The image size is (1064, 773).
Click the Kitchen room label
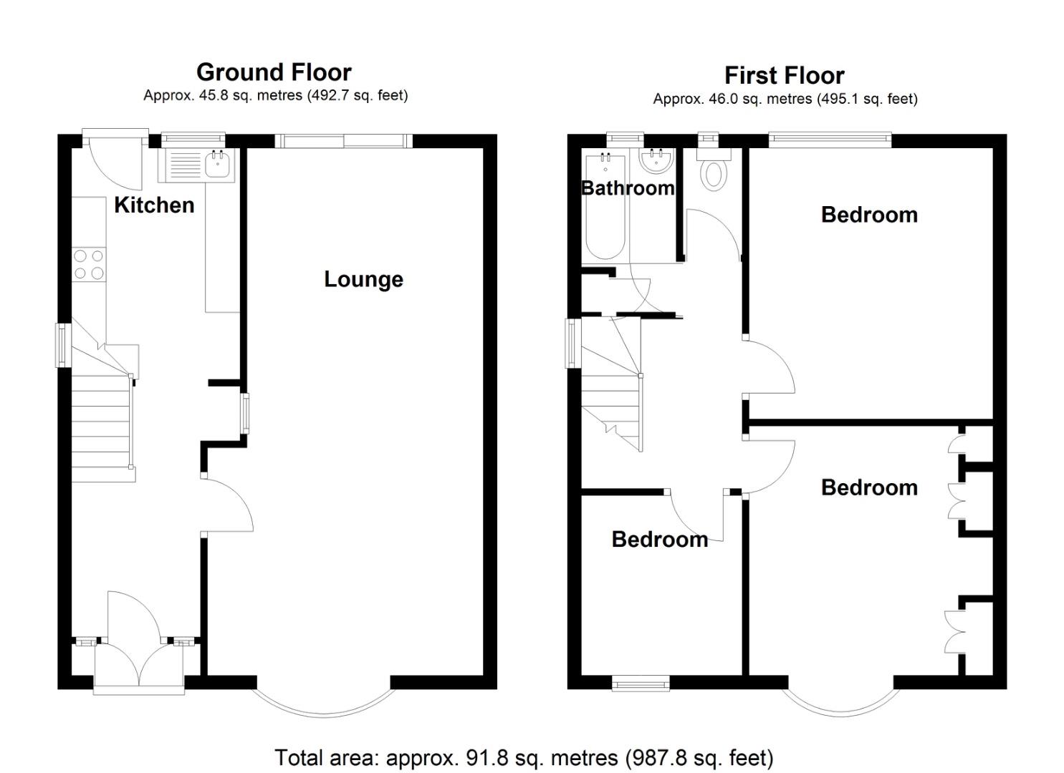[154, 205]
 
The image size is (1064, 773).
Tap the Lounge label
[363, 279]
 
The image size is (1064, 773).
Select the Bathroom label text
[628, 188]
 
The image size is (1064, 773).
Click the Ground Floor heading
[274, 72]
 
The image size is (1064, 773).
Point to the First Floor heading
[785, 75]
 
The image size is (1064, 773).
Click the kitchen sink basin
[218, 165]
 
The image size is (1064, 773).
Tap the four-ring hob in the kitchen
[89, 264]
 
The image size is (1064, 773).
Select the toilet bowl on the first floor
[714, 174]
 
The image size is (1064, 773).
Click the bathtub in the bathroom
[605, 207]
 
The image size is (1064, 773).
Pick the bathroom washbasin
[656, 160]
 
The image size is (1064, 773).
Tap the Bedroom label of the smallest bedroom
[660, 540]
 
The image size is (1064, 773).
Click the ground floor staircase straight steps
[101, 429]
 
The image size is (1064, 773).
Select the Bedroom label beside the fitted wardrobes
[869, 488]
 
